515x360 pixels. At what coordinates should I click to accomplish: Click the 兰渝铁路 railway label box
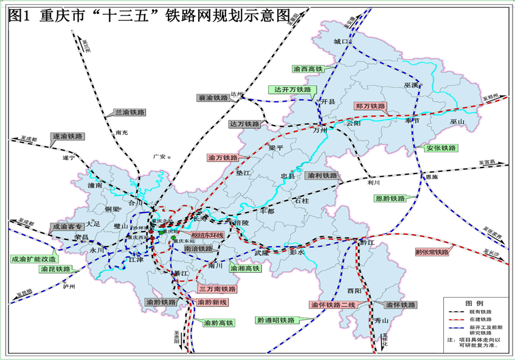point(129,113)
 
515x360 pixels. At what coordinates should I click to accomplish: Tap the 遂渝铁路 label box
point(67,136)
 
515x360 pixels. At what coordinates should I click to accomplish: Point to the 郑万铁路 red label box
point(370,106)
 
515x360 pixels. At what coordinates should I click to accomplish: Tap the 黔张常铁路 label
point(433,252)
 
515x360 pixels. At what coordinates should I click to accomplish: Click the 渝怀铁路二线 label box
point(332,305)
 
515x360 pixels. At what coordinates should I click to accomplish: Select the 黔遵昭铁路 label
point(275,320)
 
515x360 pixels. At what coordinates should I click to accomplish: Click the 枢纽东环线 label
point(207,235)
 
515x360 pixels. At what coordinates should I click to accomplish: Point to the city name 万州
point(320,130)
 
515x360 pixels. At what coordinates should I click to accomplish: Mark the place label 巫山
point(457,122)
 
